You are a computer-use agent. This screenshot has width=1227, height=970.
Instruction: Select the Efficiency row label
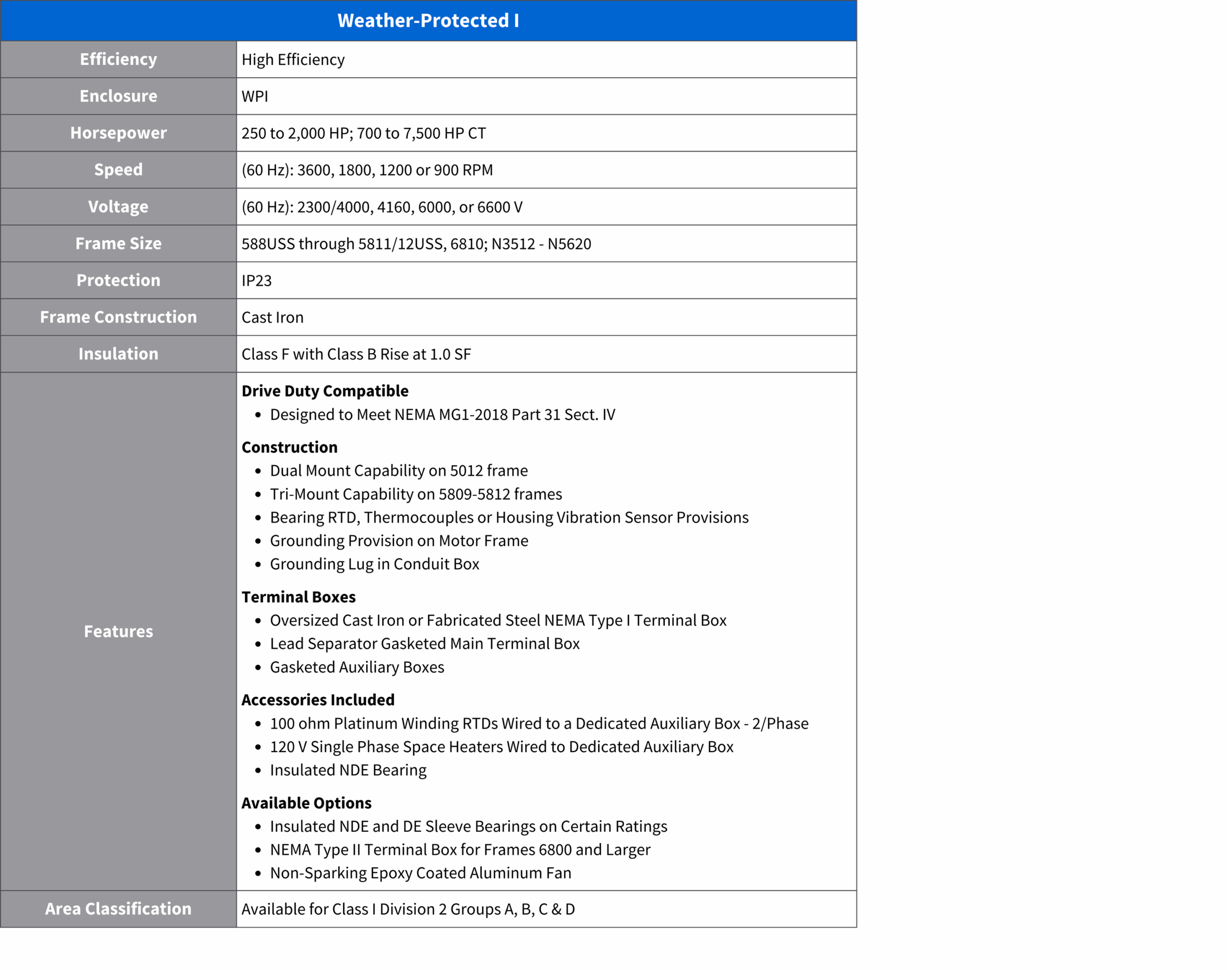[118, 59]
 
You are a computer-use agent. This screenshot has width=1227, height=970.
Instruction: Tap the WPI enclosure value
[255, 96]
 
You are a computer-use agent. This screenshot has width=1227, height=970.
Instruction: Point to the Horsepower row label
[118, 133]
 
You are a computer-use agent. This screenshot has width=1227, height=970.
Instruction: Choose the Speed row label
[118, 169]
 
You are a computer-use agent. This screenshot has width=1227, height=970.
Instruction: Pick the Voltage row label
[118, 207]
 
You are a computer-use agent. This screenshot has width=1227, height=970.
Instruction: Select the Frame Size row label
[118, 243]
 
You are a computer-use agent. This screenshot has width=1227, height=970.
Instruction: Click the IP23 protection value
[256, 280]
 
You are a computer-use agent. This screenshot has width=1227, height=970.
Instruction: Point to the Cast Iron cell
[273, 317]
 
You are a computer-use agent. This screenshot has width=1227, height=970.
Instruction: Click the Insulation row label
[118, 354]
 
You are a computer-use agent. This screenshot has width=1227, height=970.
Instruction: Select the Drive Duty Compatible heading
[325, 391]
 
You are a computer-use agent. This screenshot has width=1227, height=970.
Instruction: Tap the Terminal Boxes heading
[298, 597]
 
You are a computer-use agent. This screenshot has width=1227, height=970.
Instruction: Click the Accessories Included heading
[318, 700]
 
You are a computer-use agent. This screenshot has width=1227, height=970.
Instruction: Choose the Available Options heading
[306, 803]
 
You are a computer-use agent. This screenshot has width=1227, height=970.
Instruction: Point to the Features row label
[118, 632]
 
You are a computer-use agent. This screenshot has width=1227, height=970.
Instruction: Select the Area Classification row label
[118, 909]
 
